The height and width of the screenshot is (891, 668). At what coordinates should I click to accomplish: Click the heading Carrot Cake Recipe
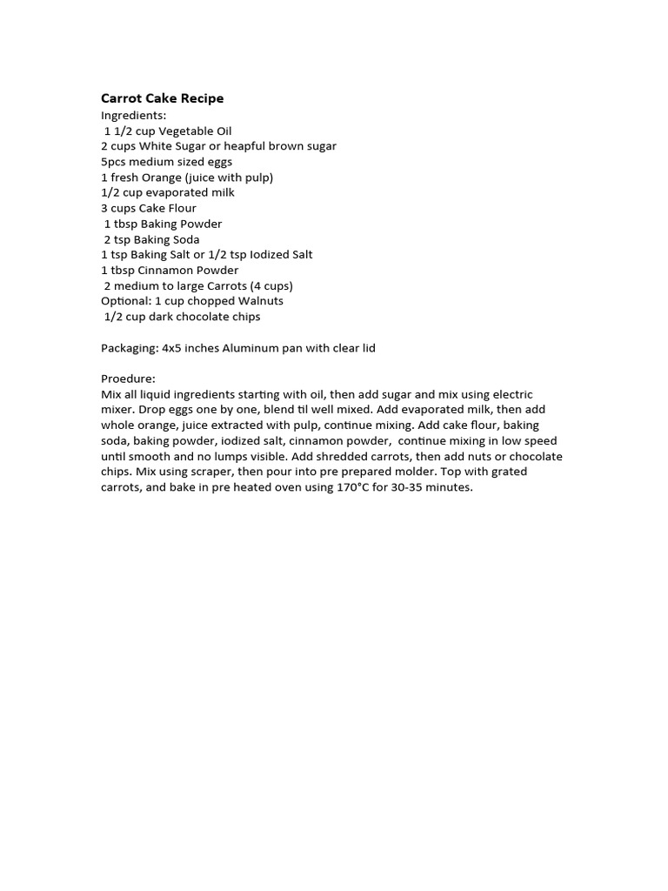click(162, 98)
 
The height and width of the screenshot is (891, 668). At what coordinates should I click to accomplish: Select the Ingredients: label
click(133, 115)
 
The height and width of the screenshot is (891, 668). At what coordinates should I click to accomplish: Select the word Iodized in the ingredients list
click(266, 254)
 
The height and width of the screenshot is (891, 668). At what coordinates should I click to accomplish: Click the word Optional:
click(126, 301)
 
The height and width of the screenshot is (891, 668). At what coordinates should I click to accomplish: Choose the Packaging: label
click(130, 348)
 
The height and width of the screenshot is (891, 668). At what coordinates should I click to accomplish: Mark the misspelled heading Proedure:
click(128, 379)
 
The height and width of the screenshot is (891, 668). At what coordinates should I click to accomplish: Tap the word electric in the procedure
click(511, 394)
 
